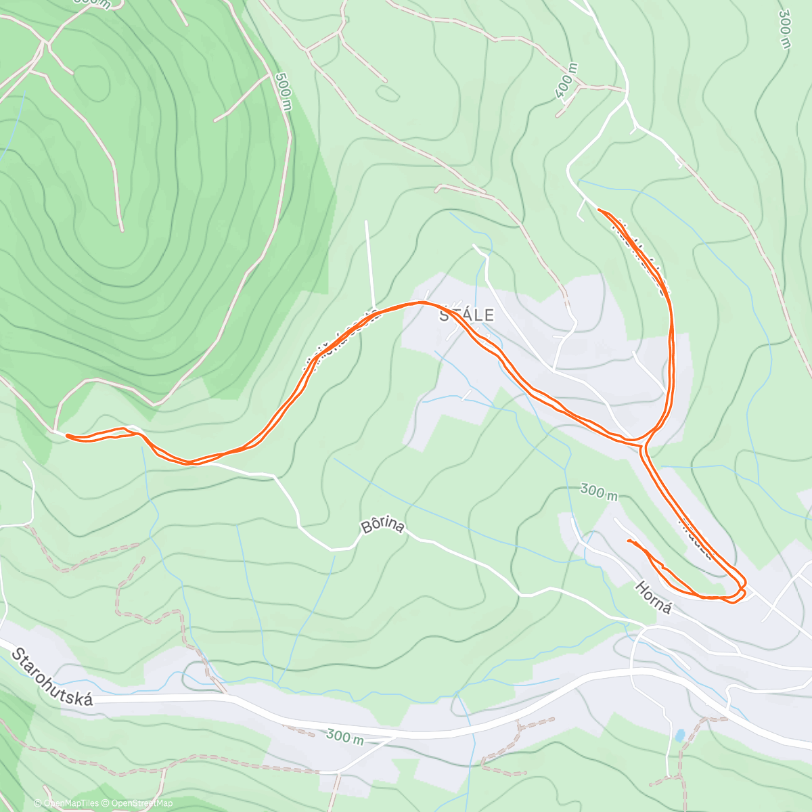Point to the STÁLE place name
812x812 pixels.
[x=467, y=315]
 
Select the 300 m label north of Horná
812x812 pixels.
[x=599, y=492]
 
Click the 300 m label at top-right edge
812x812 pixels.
[x=784, y=28]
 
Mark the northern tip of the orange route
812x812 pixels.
[x=600, y=210]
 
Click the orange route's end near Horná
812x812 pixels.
[x=629, y=541]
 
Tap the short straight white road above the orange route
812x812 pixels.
[x=370, y=264]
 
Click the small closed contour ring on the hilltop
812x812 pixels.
[x=91, y=81]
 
